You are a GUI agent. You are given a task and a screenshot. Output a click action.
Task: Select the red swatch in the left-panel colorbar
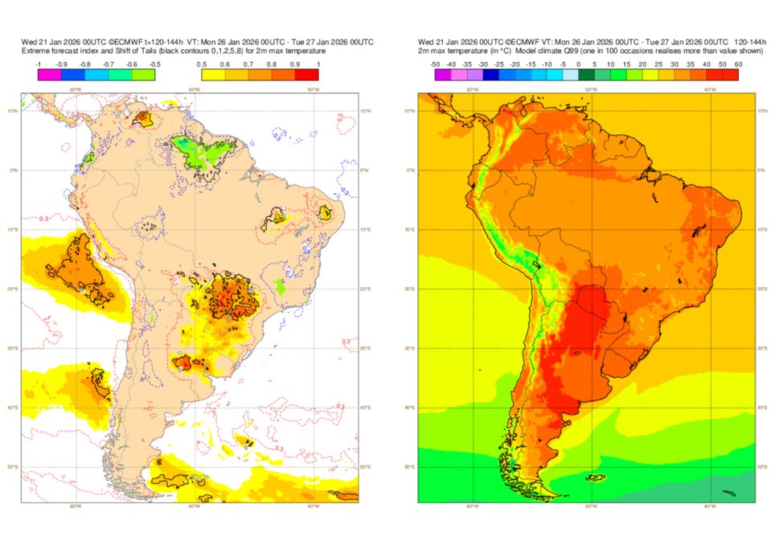pyautogui.click(x=308, y=75)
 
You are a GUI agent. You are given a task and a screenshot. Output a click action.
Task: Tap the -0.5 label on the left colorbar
pyautogui.click(x=155, y=64)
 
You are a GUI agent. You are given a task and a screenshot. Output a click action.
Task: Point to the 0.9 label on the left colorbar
pyautogui.click(x=296, y=64)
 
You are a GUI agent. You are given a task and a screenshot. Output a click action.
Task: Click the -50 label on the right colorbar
pyautogui.click(x=435, y=64)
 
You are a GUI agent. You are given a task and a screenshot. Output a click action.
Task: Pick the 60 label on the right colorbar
pyautogui.click(x=738, y=64)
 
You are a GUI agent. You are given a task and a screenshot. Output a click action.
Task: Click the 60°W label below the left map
pyautogui.click(x=194, y=507)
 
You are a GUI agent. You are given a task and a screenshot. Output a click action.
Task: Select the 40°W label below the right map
pyautogui.click(x=709, y=507)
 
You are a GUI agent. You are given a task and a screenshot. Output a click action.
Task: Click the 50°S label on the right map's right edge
pyautogui.click(x=761, y=467)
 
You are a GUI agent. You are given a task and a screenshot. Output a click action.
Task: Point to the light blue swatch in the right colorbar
pyautogui.click(x=571, y=75)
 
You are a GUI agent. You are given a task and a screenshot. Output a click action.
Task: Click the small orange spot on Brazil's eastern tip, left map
pyautogui.click(x=325, y=213)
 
